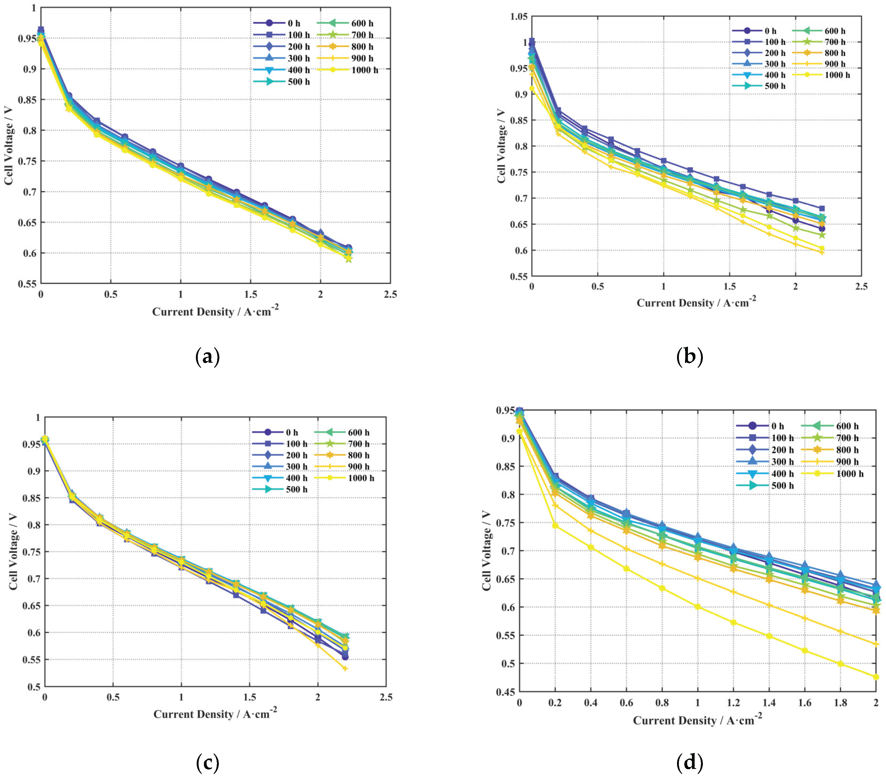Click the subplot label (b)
689,357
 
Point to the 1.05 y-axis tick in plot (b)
519,17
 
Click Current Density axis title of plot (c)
215,714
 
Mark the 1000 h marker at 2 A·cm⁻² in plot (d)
876,677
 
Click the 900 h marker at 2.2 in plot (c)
345,668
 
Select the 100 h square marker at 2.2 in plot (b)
821,209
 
